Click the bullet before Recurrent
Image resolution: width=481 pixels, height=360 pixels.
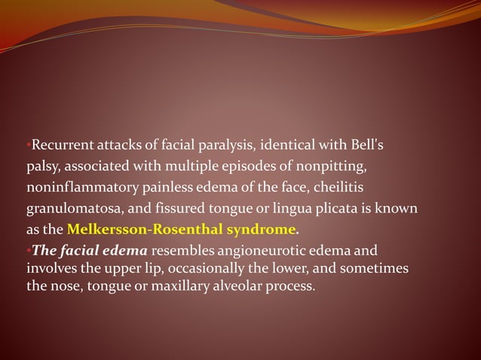pyautogui.click(x=28, y=143)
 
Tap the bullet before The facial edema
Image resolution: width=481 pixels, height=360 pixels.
pyautogui.click(x=28, y=248)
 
